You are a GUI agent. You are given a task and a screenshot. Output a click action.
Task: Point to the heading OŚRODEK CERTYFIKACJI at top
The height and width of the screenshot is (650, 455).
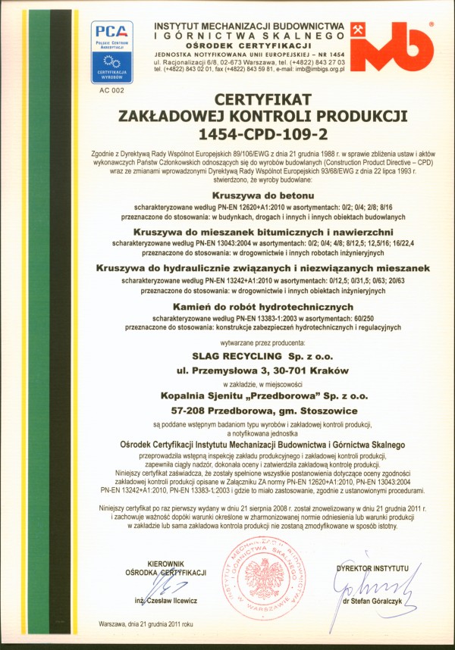point(249,46)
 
